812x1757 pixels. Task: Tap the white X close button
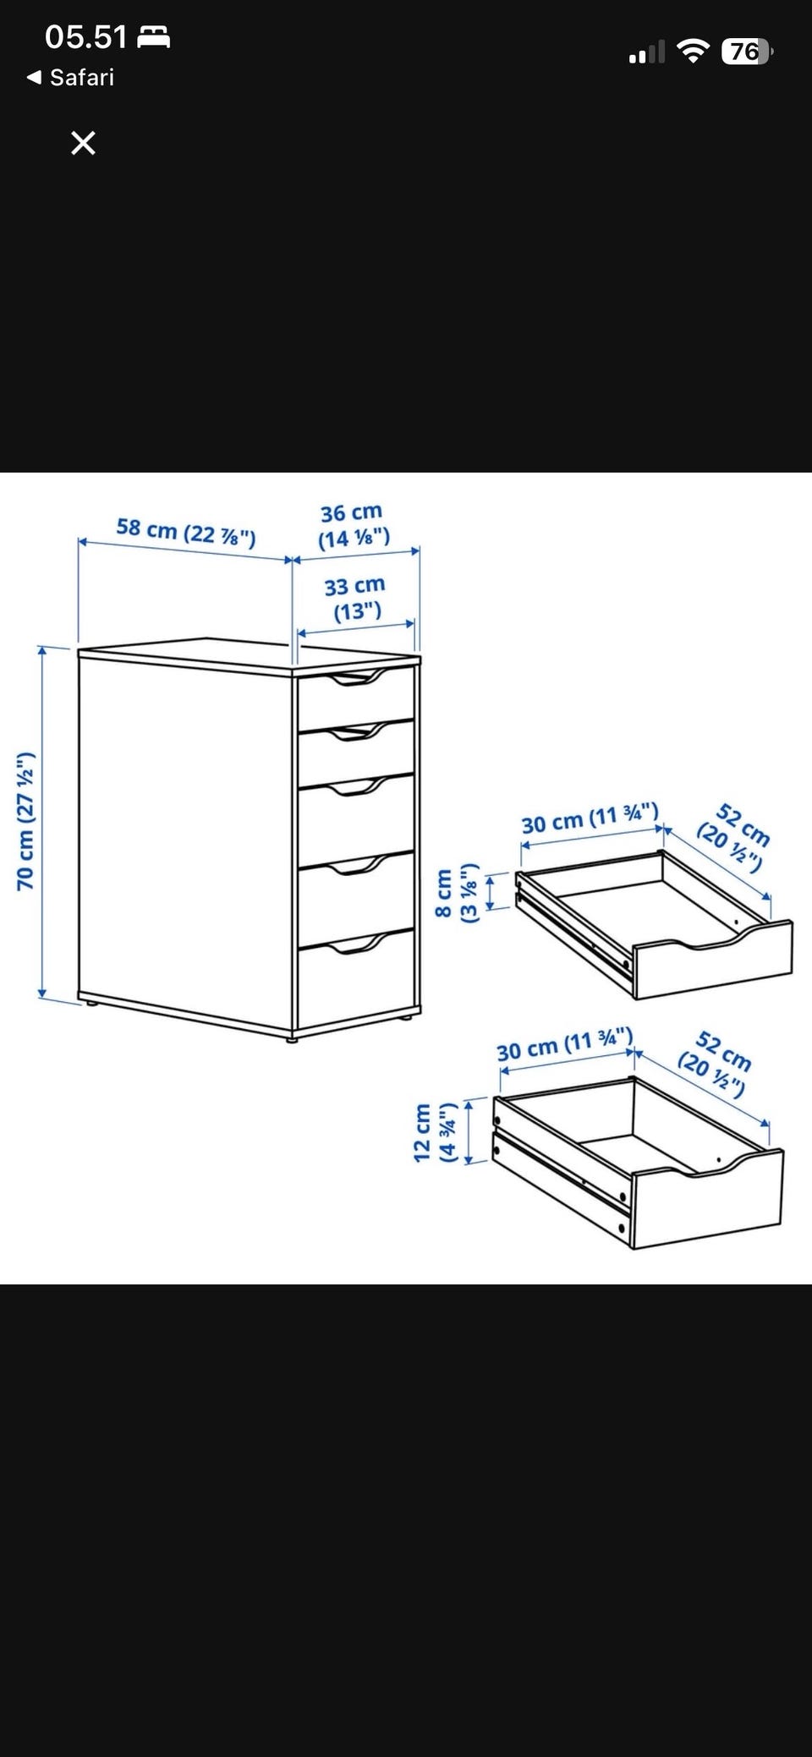pyautogui.click(x=83, y=143)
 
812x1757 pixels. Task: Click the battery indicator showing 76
pyautogui.click(x=747, y=52)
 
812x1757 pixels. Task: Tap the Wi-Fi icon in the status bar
pyautogui.click(x=694, y=52)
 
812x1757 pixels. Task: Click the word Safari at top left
pyautogui.click(x=82, y=78)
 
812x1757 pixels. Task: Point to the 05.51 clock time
pyautogui.click(x=85, y=36)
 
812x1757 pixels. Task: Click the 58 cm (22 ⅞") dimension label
pyautogui.click(x=186, y=532)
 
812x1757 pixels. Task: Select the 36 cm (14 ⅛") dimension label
pyautogui.click(x=354, y=525)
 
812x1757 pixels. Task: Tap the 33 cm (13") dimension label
pyautogui.click(x=356, y=597)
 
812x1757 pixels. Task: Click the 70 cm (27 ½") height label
pyautogui.click(x=25, y=820)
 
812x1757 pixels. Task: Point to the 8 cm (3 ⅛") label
pyautogui.click(x=455, y=894)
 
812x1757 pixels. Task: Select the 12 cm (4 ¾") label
pyautogui.click(x=435, y=1132)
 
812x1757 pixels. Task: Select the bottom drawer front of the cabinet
pyautogui.click(x=356, y=982)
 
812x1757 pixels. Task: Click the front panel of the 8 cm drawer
pyautogui.click(x=713, y=961)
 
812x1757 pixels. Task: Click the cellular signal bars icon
pyautogui.click(x=647, y=52)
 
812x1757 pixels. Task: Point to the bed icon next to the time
pyautogui.click(x=154, y=37)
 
